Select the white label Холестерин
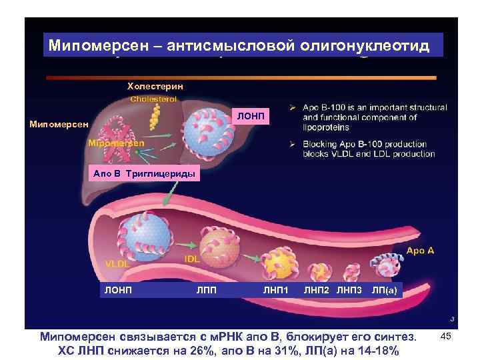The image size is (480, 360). [x=155, y=87]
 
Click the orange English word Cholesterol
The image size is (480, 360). [x=153, y=99]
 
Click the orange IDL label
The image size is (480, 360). [x=191, y=258]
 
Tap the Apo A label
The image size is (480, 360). [x=420, y=251]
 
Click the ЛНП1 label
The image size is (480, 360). [x=275, y=289]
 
